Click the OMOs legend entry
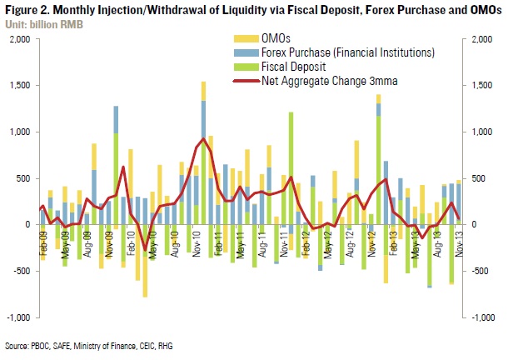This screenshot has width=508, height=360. [x=274, y=38]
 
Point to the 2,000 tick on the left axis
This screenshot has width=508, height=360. [x=18, y=39]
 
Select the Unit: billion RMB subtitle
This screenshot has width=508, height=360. [x=38, y=20]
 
